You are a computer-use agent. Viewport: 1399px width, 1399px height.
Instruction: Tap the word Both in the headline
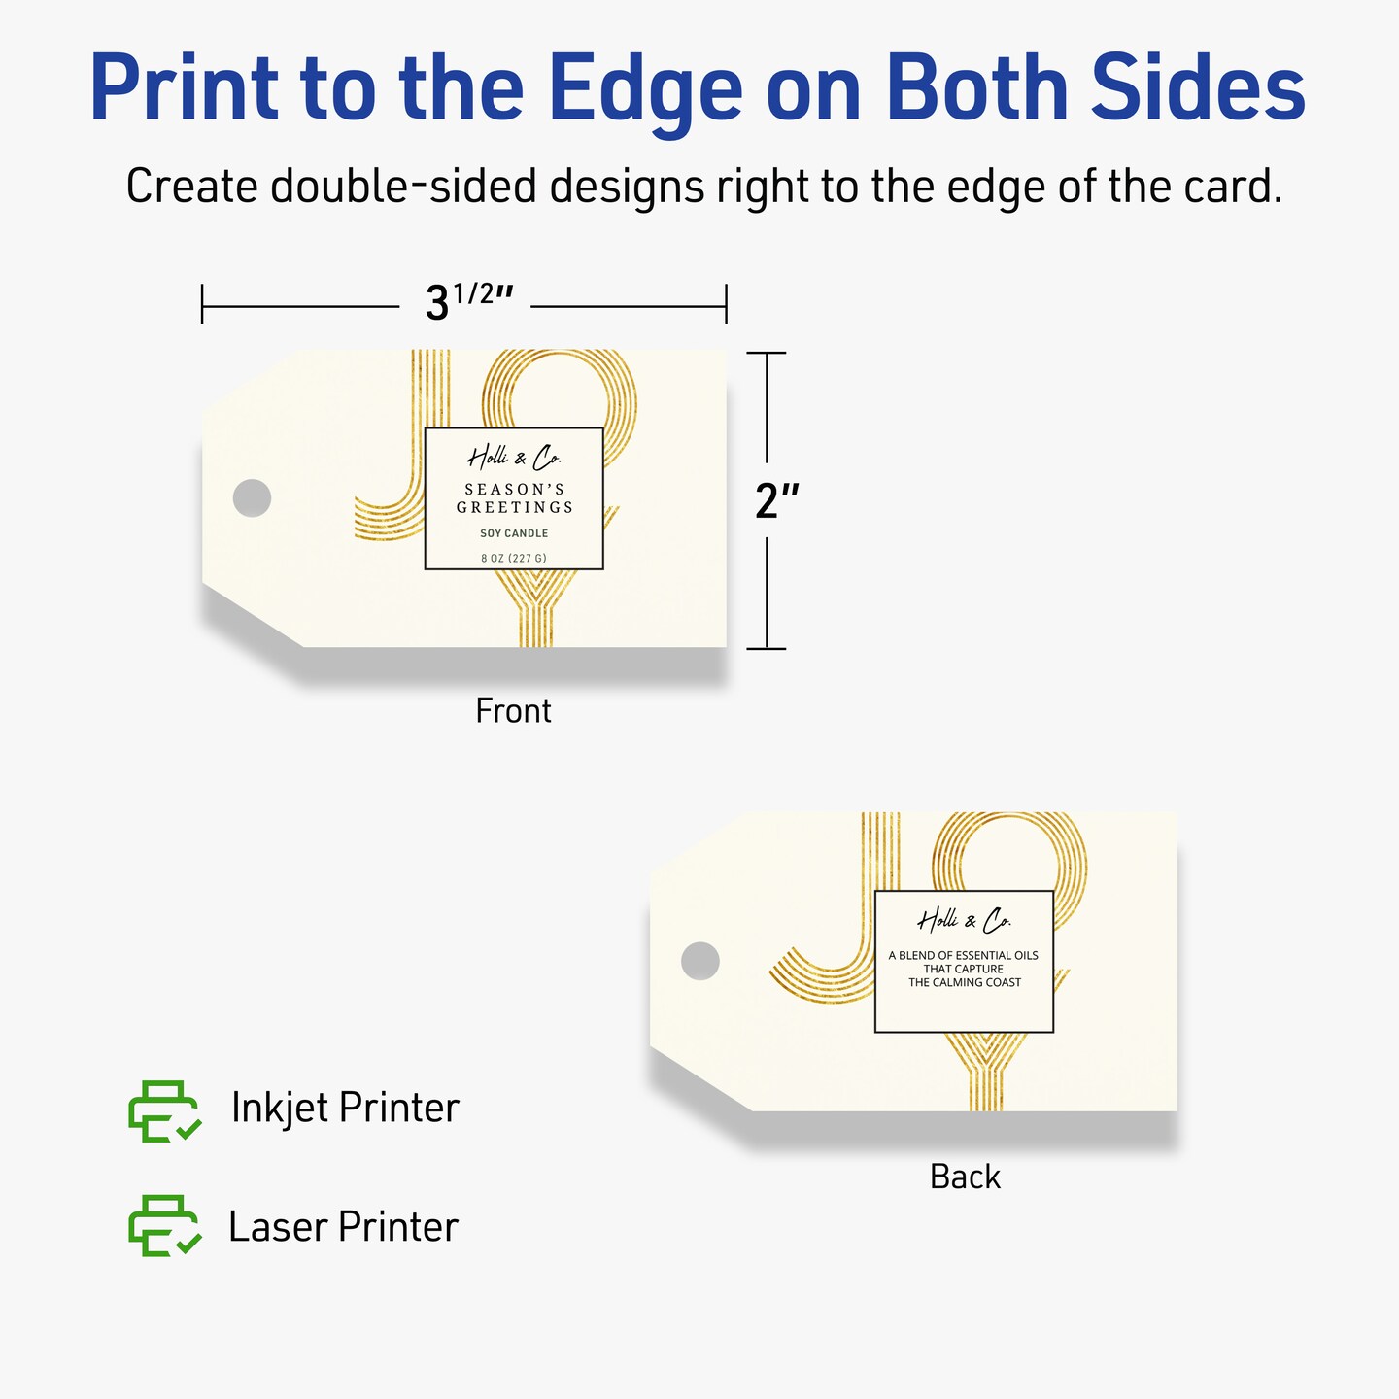(975, 86)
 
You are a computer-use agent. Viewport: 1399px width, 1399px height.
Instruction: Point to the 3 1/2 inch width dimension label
(468, 300)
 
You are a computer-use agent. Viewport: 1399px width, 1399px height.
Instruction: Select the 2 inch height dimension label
(777, 500)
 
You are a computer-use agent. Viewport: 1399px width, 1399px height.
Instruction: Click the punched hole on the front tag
(252, 498)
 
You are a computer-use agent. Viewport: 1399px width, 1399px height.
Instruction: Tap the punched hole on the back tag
(699, 961)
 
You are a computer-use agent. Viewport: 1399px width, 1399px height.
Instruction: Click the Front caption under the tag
(513, 711)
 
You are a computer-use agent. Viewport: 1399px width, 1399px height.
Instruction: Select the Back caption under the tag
(965, 1177)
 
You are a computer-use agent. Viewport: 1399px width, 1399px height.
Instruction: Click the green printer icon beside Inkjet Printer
(164, 1110)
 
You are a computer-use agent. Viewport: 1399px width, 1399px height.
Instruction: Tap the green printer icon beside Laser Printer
(164, 1225)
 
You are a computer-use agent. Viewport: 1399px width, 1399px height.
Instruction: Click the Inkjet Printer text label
(345, 1109)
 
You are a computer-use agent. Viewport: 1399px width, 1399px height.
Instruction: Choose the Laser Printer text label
(343, 1227)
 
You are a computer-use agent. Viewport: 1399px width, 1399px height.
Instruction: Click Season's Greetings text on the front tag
(515, 498)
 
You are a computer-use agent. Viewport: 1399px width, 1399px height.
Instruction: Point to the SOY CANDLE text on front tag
(514, 533)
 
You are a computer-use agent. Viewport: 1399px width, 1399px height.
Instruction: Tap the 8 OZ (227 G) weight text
(514, 559)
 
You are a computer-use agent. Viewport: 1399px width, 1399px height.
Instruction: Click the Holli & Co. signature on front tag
(514, 458)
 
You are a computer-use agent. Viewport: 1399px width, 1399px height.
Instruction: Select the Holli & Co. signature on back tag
(964, 921)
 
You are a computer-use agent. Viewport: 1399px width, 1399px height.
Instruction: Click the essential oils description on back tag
(964, 970)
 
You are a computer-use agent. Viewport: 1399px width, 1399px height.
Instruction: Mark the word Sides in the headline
(1198, 86)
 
